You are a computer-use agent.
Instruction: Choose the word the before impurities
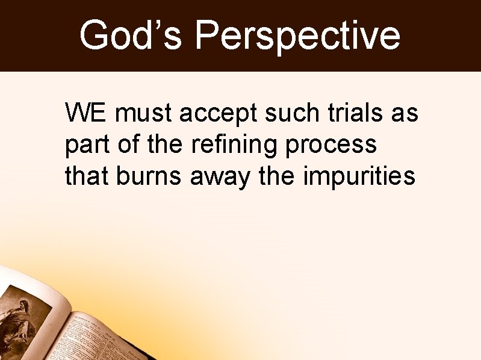(279, 176)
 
